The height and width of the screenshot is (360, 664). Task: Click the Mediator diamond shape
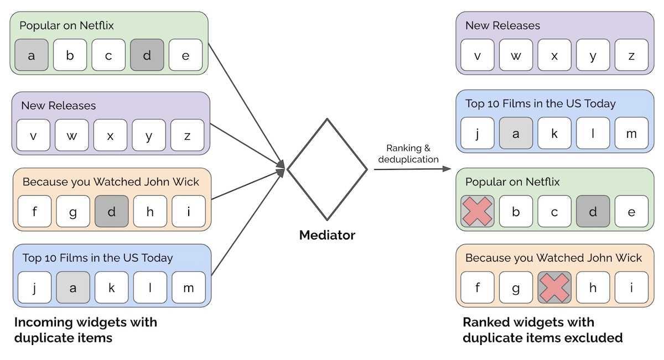click(327, 169)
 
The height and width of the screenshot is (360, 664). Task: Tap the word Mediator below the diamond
click(327, 235)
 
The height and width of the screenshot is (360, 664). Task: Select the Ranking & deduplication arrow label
click(408, 154)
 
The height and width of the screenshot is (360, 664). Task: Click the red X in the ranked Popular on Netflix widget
click(477, 211)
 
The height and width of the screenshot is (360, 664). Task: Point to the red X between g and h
click(554, 288)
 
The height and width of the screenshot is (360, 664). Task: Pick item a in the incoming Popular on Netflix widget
click(32, 55)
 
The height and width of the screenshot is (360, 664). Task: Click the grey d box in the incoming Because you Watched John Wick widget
click(111, 211)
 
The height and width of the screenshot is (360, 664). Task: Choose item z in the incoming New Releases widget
click(187, 135)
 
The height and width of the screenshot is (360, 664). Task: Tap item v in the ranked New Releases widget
click(478, 55)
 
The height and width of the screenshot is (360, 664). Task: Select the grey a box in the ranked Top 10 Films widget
click(516, 134)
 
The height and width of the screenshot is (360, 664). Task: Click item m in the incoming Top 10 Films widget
click(188, 288)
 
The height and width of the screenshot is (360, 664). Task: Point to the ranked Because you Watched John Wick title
click(553, 258)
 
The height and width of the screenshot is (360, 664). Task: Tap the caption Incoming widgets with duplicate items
click(86, 330)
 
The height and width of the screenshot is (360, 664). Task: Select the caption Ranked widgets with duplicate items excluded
click(542, 330)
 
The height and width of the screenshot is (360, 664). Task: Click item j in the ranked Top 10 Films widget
click(478, 134)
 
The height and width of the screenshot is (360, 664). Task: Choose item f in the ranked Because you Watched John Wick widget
click(478, 288)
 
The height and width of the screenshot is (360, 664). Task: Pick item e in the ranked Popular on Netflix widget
click(631, 211)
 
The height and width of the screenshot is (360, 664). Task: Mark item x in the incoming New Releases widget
click(110, 135)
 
